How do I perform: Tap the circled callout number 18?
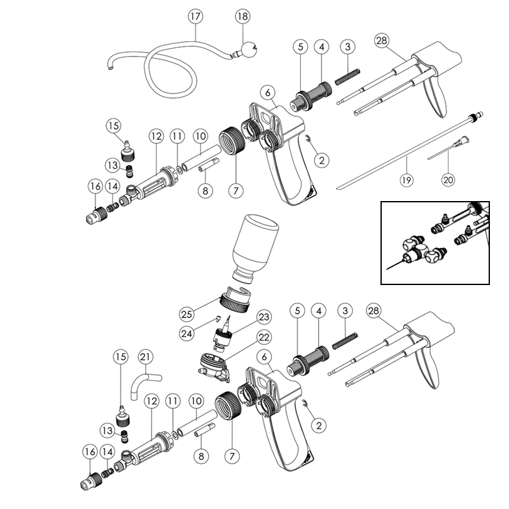(x=242, y=17)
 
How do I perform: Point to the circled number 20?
(x=449, y=179)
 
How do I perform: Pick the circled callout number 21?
(x=144, y=358)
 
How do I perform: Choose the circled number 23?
(x=263, y=317)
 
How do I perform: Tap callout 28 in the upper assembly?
(x=382, y=41)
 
